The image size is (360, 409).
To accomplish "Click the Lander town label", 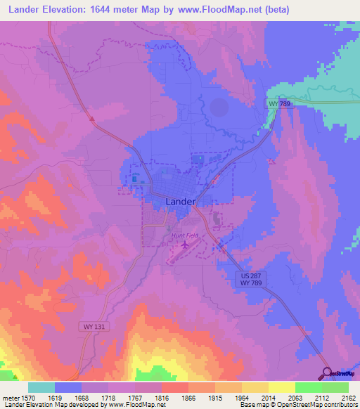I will [x=181, y=201].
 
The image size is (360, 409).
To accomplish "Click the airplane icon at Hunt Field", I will [x=185, y=246].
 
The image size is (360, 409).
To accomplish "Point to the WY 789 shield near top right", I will [x=279, y=103].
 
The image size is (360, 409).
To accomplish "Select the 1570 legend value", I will [x=26, y=397].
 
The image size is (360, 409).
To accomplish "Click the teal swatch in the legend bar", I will [x=41, y=387].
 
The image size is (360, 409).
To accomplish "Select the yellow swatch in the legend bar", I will [x=281, y=387].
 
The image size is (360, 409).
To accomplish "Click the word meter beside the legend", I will [x=9, y=397].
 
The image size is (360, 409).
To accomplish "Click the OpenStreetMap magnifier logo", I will [x=327, y=372].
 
